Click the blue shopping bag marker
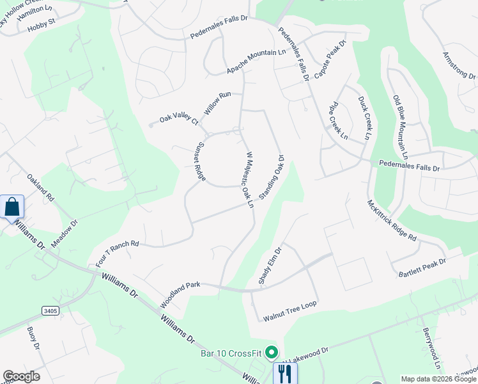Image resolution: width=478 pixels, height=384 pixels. pos(12,207)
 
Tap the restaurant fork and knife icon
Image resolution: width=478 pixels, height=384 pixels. pos(285,372)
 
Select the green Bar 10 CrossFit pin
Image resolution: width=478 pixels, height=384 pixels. pos(272,352)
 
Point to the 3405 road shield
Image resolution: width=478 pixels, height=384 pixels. pos(50,311)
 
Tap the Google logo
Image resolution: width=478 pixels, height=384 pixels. pos(21,376)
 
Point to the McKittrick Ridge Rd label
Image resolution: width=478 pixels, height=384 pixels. pos(392,220)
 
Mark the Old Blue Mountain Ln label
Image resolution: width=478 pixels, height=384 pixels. pos(400,127)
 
